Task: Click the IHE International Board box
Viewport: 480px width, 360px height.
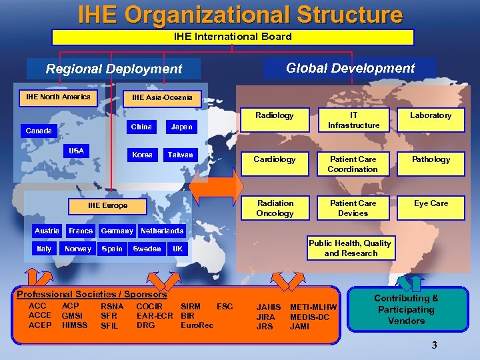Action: coord(232,37)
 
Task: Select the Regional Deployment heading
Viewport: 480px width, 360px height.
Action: coord(113,69)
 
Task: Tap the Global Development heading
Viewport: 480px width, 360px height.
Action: coord(350,68)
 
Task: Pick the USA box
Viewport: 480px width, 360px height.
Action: coord(77,151)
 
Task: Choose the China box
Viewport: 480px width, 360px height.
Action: coord(141,127)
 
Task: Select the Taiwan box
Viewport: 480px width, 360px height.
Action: coord(180,155)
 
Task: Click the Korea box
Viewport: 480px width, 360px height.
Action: coord(142,155)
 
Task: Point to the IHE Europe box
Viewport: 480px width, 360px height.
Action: coord(107,205)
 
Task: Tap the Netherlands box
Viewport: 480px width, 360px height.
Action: coord(161,231)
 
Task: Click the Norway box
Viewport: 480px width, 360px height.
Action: coord(78,249)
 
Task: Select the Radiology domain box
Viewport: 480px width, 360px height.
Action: coord(275,116)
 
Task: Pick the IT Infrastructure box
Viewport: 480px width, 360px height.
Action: coord(353,121)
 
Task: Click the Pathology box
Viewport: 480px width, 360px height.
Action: coord(431,160)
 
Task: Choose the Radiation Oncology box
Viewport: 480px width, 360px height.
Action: coord(275,208)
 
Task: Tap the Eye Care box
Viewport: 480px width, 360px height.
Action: coord(431,204)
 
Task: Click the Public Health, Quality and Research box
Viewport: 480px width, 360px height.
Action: coord(351,248)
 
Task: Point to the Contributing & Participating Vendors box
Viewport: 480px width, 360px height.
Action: coord(406,310)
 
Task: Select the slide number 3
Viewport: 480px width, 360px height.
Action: coord(434,345)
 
